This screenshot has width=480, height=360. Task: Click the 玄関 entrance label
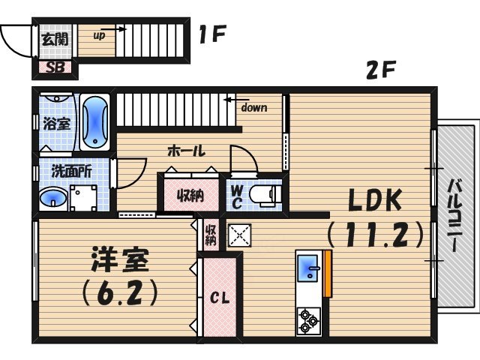click(55, 39)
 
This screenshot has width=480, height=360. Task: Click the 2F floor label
click(380, 72)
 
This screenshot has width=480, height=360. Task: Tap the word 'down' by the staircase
click(253, 107)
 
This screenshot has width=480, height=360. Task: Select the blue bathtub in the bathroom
click(95, 122)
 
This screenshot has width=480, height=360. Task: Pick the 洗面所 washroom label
click(71, 170)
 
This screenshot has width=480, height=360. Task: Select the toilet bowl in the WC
click(264, 194)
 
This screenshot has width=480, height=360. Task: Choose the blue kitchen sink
click(308, 268)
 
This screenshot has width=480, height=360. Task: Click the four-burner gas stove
click(308, 320)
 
